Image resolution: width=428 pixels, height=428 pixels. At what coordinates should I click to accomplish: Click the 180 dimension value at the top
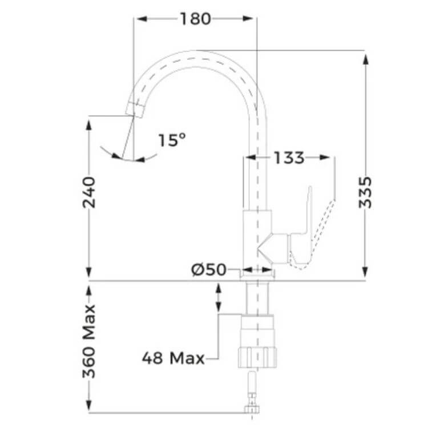[x=195, y=19]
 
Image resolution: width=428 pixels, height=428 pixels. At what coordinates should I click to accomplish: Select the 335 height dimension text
[x=365, y=192]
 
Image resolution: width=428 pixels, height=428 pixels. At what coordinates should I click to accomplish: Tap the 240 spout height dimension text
[x=89, y=192]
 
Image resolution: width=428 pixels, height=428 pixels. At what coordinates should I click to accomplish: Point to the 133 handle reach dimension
[x=289, y=158]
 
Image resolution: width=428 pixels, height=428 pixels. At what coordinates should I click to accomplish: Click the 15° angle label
[x=172, y=140]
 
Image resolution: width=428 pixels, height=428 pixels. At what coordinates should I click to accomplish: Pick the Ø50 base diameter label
[x=209, y=270]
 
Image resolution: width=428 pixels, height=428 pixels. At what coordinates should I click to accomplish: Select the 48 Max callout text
[x=173, y=358]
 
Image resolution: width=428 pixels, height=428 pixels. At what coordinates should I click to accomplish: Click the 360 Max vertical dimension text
[x=89, y=341]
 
